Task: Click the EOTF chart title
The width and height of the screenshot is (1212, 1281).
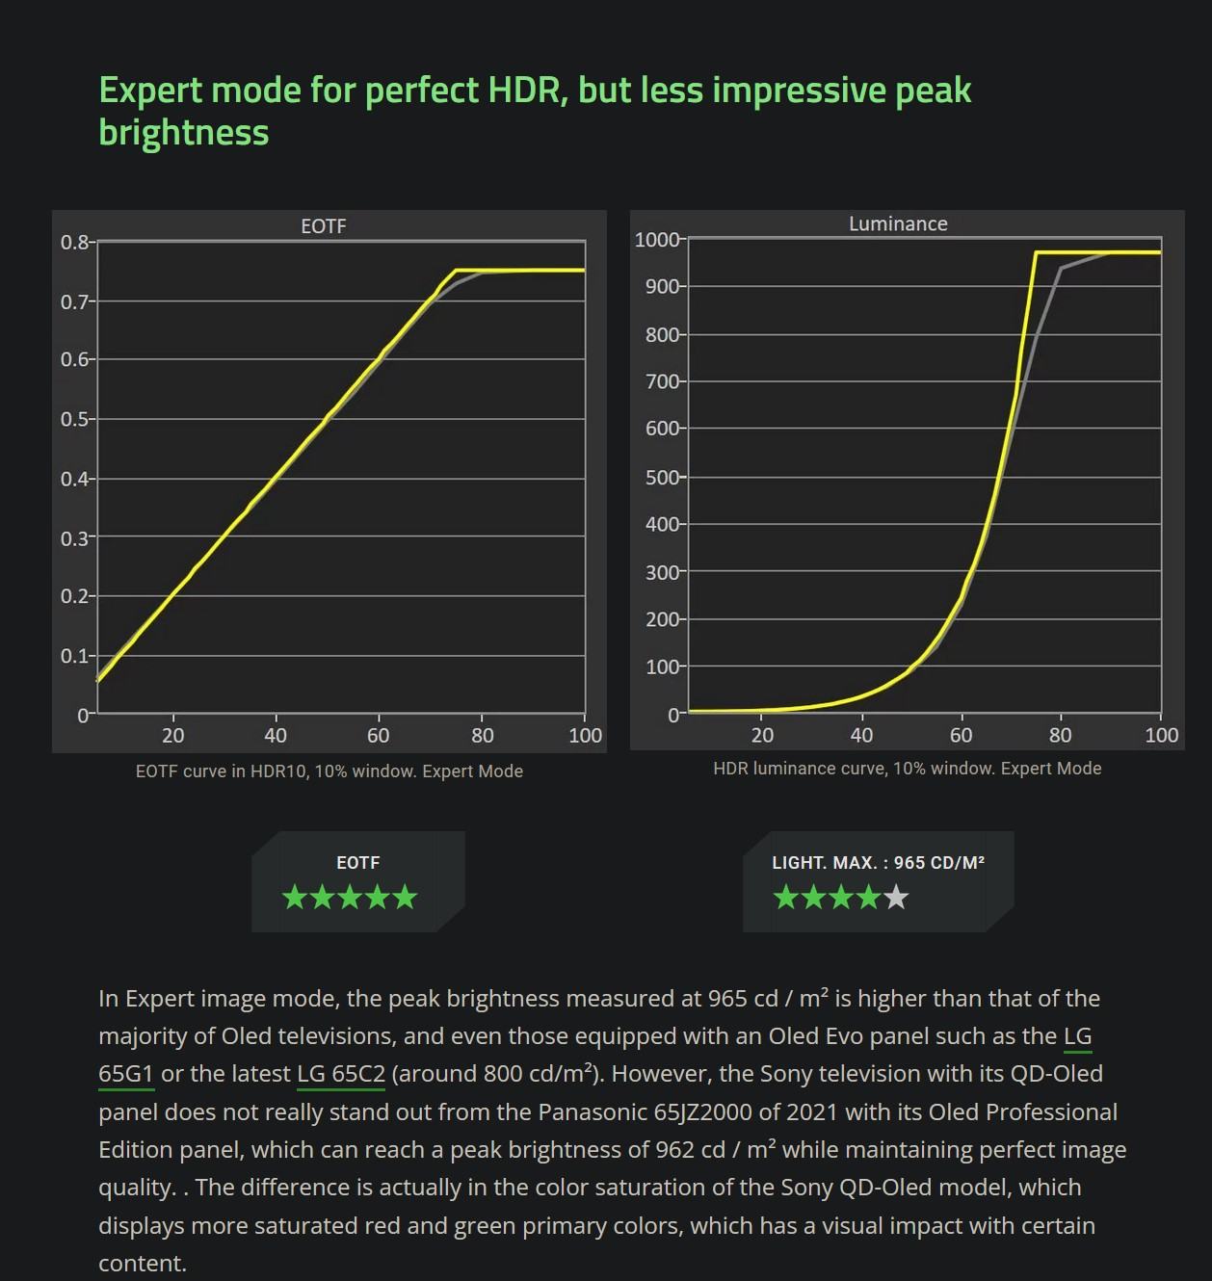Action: (323, 226)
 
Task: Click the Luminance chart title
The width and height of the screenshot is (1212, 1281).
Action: (898, 224)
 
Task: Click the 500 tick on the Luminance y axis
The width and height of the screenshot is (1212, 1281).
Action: (663, 478)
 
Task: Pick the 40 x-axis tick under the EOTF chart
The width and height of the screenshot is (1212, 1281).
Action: (276, 736)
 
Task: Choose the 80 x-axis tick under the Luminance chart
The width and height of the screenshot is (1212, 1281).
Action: (1060, 736)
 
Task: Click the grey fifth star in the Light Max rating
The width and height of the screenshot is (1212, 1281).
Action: (896, 898)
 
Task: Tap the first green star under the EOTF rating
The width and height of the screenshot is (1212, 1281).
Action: (295, 898)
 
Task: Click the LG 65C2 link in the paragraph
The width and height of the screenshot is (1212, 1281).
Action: (341, 1074)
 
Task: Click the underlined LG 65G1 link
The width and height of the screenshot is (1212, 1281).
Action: (126, 1074)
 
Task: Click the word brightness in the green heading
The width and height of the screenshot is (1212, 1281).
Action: (183, 132)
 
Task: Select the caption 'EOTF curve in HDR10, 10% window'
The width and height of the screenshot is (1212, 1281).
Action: (329, 771)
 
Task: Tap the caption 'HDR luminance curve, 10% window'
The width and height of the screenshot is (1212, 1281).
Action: (907, 769)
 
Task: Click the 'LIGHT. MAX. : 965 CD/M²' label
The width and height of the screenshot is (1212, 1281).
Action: (878, 863)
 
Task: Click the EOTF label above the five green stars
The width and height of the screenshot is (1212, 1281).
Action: (357, 863)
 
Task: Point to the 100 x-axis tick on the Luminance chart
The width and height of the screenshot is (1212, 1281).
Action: (1161, 736)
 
